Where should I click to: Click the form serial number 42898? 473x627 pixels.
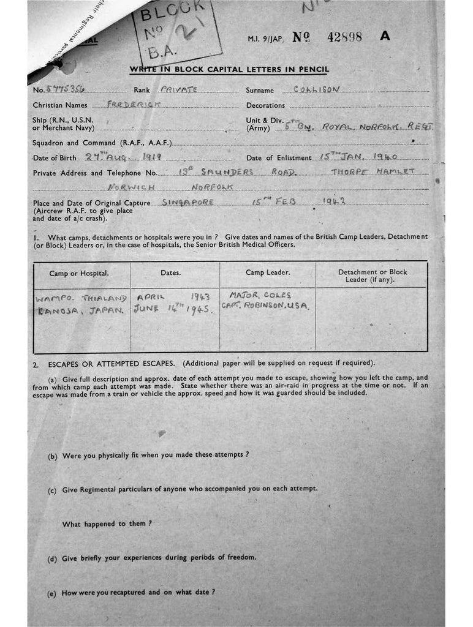point(344,37)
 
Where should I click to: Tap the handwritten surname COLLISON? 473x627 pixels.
point(316,89)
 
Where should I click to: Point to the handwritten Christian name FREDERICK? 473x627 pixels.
point(134,105)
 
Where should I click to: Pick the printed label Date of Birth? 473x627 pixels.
point(57,158)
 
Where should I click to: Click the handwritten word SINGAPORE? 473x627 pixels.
point(188,201)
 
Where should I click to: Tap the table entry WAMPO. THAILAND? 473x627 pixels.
point(80,299)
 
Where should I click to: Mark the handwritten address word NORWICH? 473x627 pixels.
point(131,186)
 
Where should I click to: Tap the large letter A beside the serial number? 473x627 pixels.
point(385,36)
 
